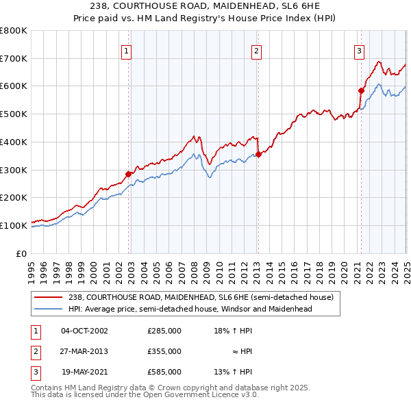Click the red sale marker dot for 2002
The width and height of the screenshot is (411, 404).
[129, 174]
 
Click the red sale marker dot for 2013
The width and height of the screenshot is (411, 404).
[258, 154]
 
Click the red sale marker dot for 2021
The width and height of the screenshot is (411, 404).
[361, 90]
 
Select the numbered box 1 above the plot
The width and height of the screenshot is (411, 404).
[127, 49]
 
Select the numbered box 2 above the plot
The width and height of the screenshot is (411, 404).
[256, 49]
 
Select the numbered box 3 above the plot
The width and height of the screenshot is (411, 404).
[359, 49]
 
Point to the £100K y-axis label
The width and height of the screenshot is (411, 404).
[14, 225]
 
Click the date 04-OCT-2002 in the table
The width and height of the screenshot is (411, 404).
[85, 331]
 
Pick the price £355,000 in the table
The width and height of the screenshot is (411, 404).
[164, 351]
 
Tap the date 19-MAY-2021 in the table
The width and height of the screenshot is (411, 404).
[85, 372]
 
